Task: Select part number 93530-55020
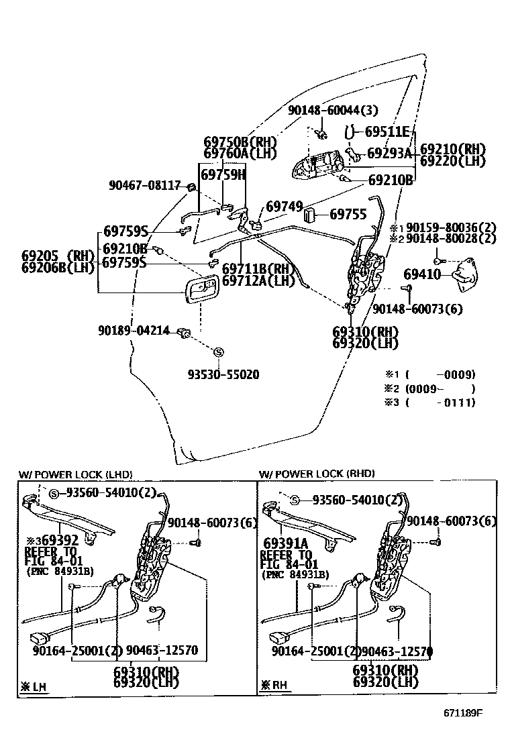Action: pyautogui.click(x=223, y=374)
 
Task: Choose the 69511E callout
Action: pyautogui.click(x=387, y=131)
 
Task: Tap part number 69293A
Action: pyautogui.click(x=390, y=153)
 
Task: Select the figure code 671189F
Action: pyautogui.click(x=462, y=731)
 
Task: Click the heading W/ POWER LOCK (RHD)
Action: pyautogui.click(x=317, y=474)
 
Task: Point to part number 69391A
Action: pyautogui.click(x=286, y=543)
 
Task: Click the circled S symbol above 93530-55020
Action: pyautogui.click(x=217, y=352)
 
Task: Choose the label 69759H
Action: pyautogui.click(x=223, y=175)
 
